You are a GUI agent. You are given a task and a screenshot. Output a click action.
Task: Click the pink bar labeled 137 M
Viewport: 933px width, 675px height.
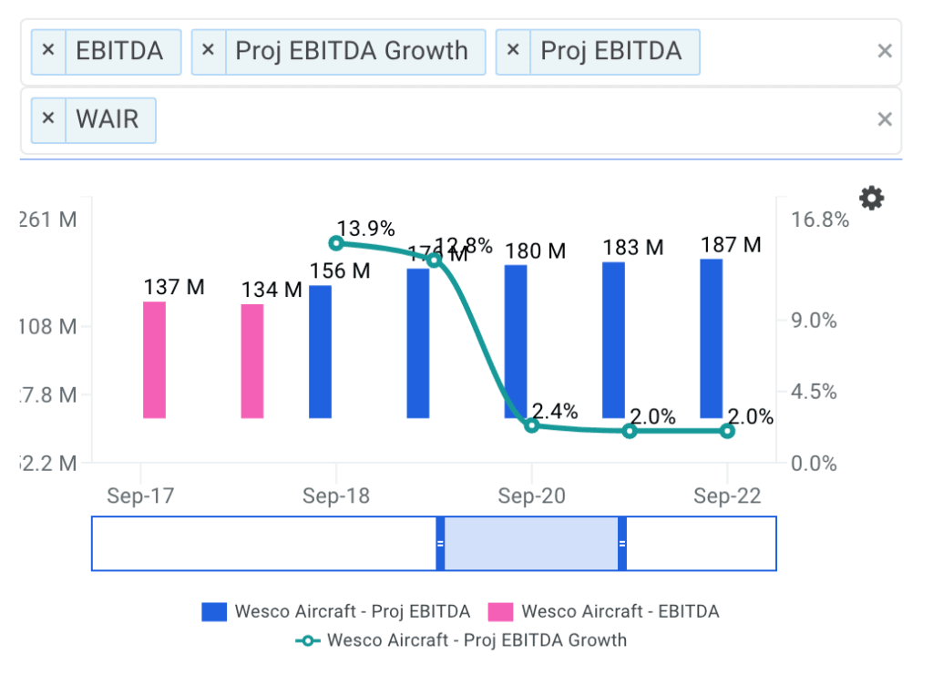(154, 360)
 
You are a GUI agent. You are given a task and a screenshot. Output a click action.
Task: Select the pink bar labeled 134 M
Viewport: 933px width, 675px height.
(252, 361)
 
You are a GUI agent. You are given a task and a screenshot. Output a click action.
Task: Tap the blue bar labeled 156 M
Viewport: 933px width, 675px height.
(320, 352)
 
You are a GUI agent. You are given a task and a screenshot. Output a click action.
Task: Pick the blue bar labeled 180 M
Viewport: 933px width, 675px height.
(516, 342)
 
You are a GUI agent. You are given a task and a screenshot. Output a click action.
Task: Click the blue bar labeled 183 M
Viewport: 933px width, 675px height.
(613, 340)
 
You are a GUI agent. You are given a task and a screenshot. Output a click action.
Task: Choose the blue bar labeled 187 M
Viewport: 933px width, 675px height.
(712, 338)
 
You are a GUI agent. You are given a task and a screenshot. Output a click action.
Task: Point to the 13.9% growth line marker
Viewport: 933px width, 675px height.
(336, 242)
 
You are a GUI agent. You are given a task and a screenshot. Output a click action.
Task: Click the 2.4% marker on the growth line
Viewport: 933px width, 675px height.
(532, 425)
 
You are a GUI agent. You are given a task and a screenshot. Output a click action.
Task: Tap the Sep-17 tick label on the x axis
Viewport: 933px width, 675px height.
(140, 496)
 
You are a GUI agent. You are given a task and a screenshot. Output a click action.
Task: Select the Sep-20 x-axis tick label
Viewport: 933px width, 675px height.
(532, 496)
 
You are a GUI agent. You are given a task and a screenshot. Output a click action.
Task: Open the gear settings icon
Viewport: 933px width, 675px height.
(872, 198)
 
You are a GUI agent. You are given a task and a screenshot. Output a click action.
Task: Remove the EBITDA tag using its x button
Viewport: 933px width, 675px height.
(49, 51)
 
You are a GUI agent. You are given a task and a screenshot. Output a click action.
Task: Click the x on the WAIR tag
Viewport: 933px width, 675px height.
(49, 119)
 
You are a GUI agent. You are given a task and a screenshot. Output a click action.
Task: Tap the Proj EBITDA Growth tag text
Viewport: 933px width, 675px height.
(352, 51)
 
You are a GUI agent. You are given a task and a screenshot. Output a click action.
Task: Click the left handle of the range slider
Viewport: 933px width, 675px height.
(440, 544)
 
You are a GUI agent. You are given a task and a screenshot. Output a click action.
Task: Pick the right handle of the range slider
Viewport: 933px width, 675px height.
(622, 544)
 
